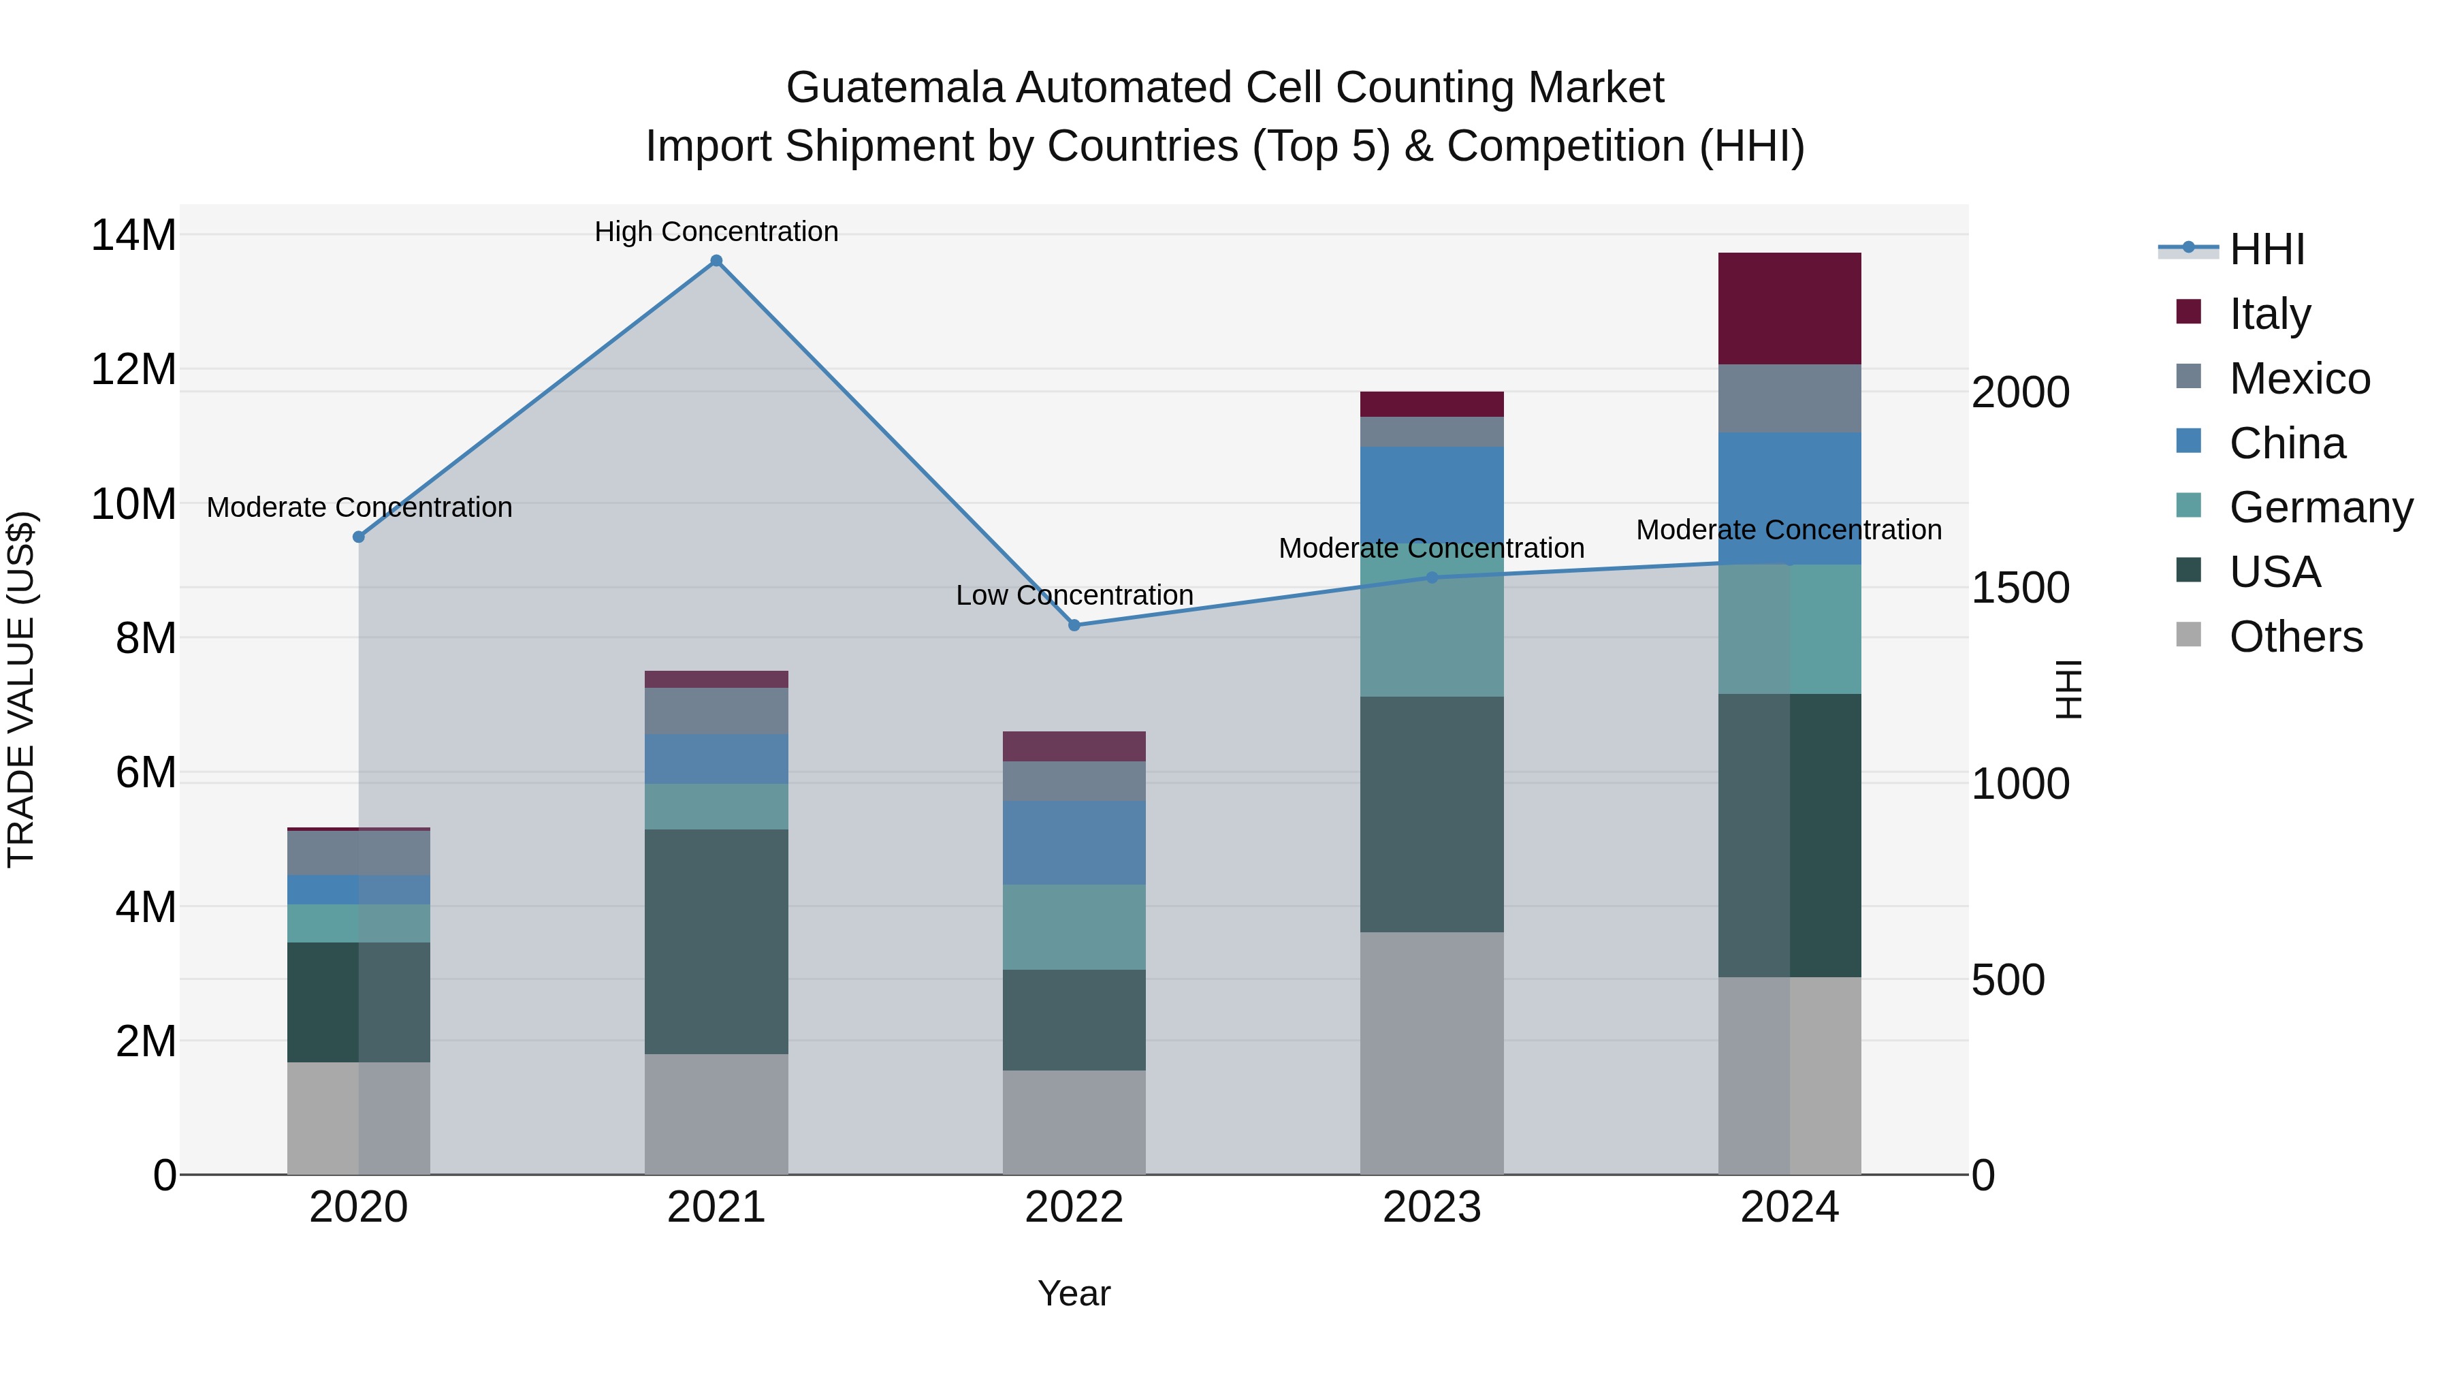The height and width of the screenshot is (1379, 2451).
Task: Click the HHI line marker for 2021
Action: [x=716, y=261]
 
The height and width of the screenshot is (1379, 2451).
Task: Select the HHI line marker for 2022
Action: [x=1074, y=625]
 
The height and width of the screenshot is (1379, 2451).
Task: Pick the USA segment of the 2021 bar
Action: [x=716, y=940]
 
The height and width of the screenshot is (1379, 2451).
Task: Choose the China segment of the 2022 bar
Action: [x=1074, y=842]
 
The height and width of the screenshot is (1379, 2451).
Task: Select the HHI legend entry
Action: [x=2265, y=249]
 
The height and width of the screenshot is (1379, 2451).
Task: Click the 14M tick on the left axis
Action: [x=133, y=235]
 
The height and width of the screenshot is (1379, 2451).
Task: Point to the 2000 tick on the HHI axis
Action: [x=2020, y=392]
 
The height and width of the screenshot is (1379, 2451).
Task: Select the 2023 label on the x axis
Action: [x=1431, y=1207]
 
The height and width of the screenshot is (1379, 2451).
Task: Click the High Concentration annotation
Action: [x=716, y=232]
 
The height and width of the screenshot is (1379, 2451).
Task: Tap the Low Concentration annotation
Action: [x=1074, y=595]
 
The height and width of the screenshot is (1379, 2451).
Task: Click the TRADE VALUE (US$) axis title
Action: [x=21, y=689]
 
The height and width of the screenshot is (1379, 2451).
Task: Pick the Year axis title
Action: [x=1074, y=1293]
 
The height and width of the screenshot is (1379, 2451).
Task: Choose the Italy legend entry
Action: [x=2269, y=314]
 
